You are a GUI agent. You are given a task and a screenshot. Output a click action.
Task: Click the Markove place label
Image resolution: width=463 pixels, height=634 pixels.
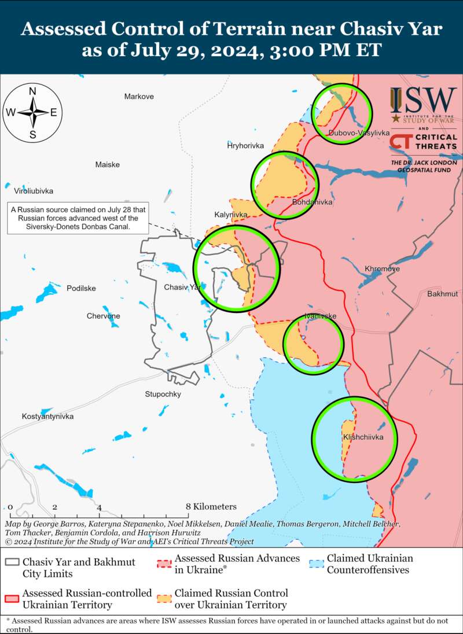139,97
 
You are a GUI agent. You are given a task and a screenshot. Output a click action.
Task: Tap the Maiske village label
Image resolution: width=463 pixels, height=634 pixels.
108,165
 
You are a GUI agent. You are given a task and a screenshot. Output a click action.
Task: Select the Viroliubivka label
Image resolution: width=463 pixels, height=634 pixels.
30,190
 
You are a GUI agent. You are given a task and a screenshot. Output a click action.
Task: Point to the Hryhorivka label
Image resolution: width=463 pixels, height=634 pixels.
245,146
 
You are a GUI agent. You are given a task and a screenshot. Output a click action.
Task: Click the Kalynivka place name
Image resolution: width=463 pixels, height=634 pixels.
231,215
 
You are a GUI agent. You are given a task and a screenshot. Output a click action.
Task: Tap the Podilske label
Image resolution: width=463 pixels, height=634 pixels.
82,288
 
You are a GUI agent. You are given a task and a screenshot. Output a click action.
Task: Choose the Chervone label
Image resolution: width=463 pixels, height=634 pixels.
104,316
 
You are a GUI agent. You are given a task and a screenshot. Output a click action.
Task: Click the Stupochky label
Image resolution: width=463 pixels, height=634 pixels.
163,394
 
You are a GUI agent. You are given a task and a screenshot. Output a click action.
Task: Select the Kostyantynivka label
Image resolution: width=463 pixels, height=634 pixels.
48,416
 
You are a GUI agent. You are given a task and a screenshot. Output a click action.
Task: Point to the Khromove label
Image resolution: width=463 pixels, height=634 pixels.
382,269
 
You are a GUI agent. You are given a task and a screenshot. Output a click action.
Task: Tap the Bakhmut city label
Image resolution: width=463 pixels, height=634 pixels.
443,294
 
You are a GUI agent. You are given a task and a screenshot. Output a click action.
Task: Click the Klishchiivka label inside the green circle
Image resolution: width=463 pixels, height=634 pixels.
363,437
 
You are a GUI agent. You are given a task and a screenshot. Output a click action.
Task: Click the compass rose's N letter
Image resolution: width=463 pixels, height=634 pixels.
33,91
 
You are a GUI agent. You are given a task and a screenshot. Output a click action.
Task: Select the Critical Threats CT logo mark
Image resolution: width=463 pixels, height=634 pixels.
400,142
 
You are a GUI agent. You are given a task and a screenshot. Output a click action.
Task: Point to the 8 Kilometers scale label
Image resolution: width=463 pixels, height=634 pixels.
212,507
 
